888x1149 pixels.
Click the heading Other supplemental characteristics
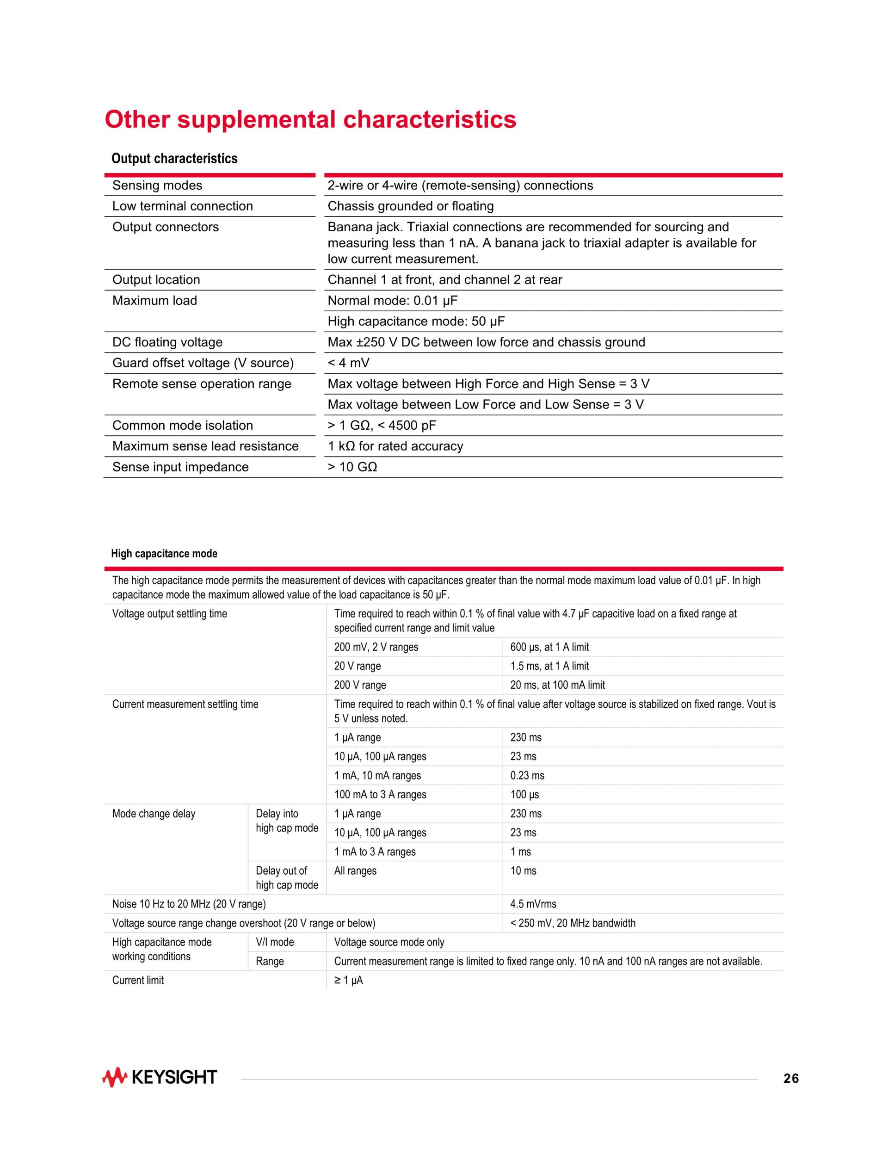[310, 119]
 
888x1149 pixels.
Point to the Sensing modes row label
[157, 185]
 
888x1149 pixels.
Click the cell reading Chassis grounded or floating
[410, 206]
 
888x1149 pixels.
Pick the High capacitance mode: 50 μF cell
[416, 321]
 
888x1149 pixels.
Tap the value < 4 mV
[348, 363]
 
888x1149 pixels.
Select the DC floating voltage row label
[167, 342]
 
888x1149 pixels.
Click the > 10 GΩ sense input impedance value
[352, 467]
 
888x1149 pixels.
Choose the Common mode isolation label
[182, 426]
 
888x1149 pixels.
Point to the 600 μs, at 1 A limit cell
[549, 647]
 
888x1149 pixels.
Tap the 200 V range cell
[360, 685]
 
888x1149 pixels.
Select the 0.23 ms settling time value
[527, 775]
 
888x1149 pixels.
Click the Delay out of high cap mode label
[287, 878]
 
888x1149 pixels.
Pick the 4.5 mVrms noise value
[533, 904]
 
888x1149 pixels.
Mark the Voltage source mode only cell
[389, 942]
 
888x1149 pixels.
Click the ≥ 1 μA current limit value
[348, 980]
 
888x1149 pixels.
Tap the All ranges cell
[355, 871]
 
